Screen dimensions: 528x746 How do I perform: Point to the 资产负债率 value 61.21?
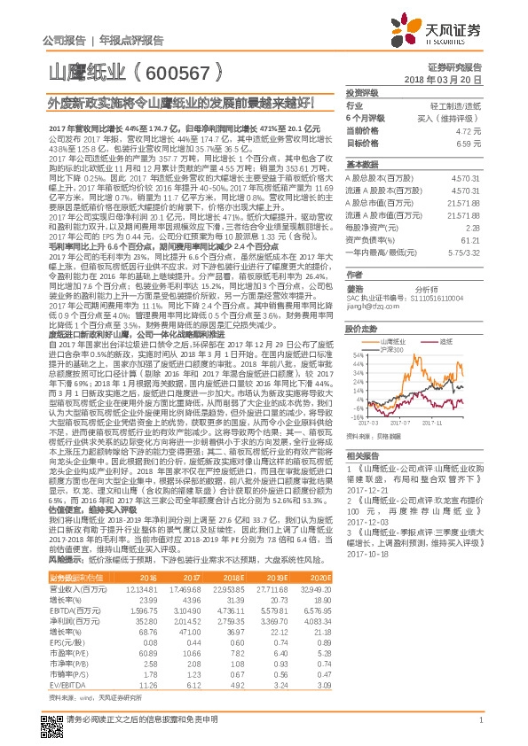click(471, 238)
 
